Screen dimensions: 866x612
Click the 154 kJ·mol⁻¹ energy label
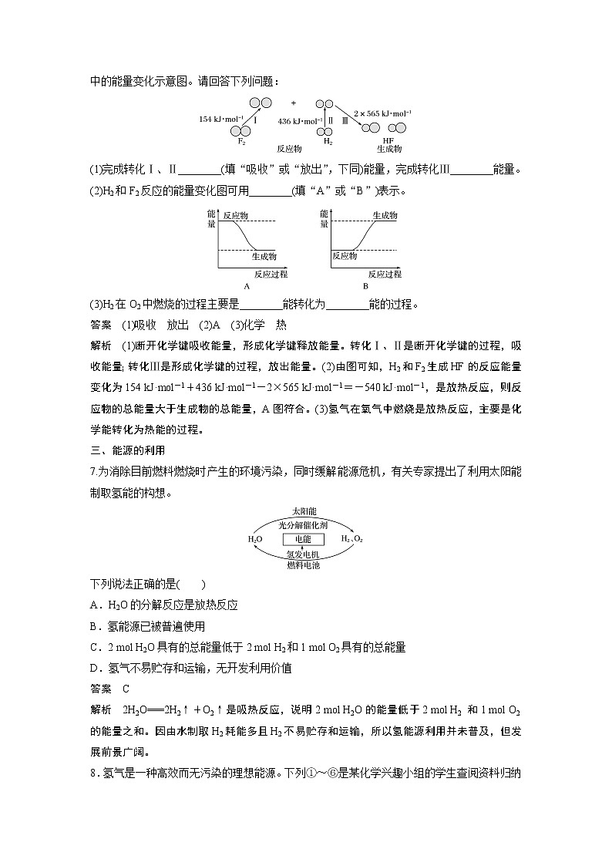[x=218, y=120]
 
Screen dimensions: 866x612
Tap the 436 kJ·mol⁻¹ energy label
[x=299, y=121]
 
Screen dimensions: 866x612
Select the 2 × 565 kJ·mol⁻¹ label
[x=382, y=112]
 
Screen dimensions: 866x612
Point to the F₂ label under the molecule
[x=242, y=142]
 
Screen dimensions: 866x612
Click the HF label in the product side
[x=388, y=141]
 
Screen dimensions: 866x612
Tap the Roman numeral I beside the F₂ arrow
[x=255, y=120]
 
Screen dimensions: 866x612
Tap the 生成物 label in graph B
[x=385, y=216]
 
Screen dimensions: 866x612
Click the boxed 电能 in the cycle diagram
[x=304, y=539]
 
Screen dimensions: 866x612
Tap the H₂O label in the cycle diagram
[x=255, y=539]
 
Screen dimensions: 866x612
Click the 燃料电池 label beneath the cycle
[x=304, y=565]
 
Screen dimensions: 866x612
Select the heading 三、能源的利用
[x=128, y=449]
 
